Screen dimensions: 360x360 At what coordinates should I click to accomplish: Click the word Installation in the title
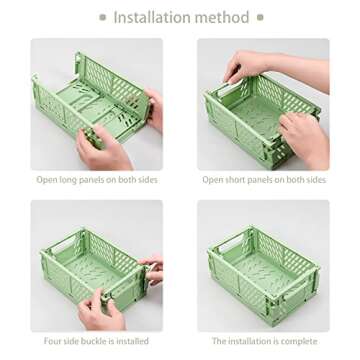click(x=152, y=17)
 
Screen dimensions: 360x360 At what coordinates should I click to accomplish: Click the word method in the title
click(x=223, y=17)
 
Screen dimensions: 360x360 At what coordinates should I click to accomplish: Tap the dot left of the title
click(x=103, y=17)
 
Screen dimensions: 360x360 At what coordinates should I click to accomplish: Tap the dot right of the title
click(x=260, y=17)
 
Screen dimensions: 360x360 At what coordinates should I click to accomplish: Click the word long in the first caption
click(x=68, y=180)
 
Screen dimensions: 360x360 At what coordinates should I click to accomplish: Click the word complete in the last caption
click(x=299, y=342)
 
